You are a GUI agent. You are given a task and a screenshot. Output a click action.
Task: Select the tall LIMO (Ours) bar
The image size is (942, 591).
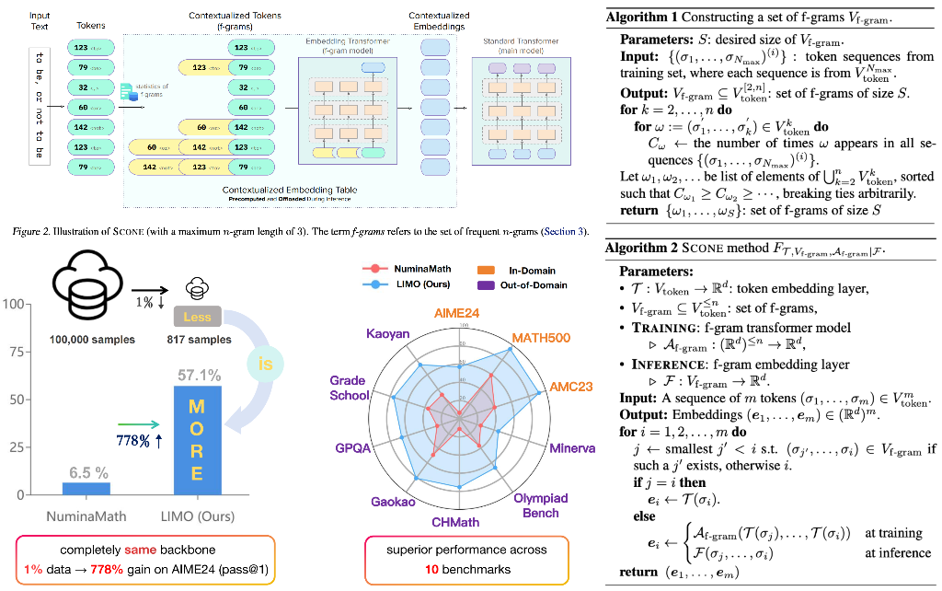203,442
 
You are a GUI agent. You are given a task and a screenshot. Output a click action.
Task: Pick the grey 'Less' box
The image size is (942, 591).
197,317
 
